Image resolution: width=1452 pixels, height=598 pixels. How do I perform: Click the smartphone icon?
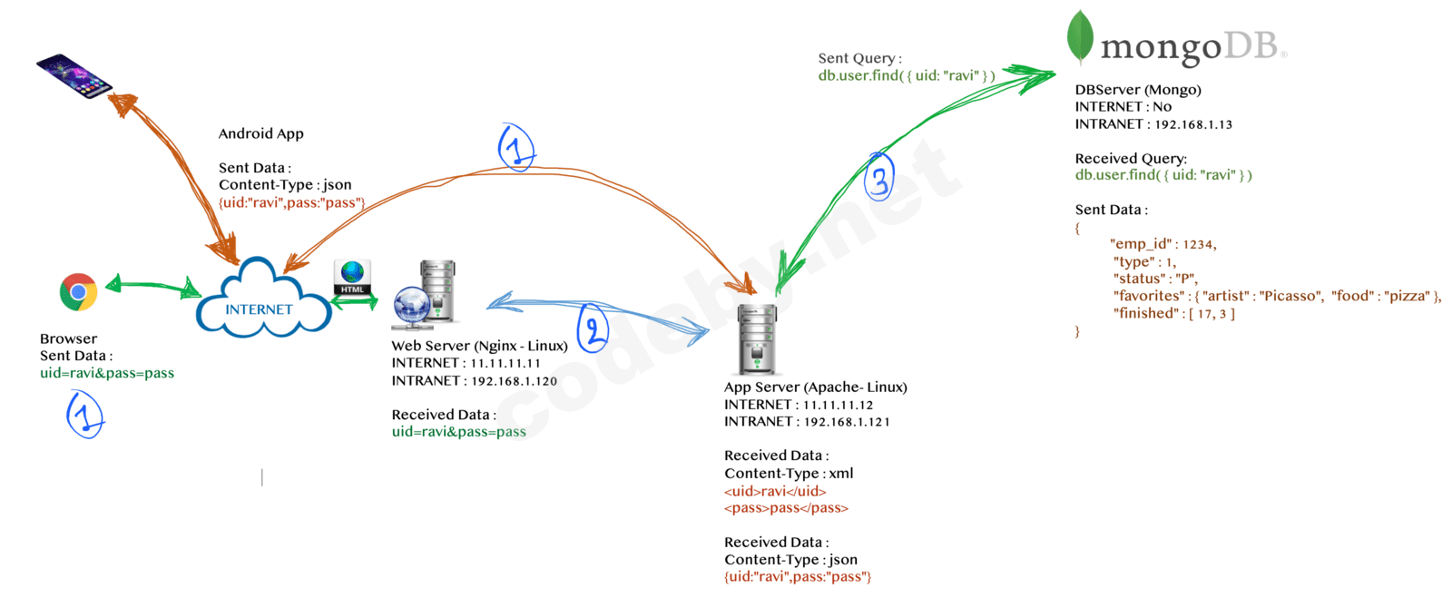click(x=74, y=76)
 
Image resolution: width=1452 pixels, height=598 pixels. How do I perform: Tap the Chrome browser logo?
click(x=79, y=292)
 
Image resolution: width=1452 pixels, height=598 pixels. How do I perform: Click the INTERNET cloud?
click(x=261, y=299)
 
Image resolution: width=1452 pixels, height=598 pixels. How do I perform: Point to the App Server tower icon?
click(x=757, y=339)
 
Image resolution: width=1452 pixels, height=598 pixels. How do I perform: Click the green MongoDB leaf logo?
click(x=1080, y=37)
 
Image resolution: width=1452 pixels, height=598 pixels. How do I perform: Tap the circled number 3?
click(x=878, y=177)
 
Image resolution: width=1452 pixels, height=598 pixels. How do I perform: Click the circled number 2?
click(x=593, y=328)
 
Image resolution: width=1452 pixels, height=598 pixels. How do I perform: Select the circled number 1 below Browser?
click(x=84, y=415)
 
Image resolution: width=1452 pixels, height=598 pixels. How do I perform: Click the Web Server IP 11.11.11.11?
click(x=505, y=363)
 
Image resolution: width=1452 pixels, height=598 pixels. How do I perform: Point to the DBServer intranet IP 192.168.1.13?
click(x=1193, y=124)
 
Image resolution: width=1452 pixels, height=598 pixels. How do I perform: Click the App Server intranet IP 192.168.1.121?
click(x=846, y=422)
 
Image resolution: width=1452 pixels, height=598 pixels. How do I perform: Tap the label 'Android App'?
click(x=261, y=133)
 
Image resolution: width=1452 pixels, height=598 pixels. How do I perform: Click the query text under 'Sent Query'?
click(x=906, y=75)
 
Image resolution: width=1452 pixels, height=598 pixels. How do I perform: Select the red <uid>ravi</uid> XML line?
click(x=775, y=491)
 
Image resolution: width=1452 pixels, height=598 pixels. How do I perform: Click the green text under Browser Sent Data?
click(x=107, y=373)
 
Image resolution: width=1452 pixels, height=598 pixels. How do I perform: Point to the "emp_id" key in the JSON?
click(x=1142, y=244)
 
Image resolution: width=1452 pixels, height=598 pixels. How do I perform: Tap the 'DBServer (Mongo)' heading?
click(x=1138, y=90)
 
